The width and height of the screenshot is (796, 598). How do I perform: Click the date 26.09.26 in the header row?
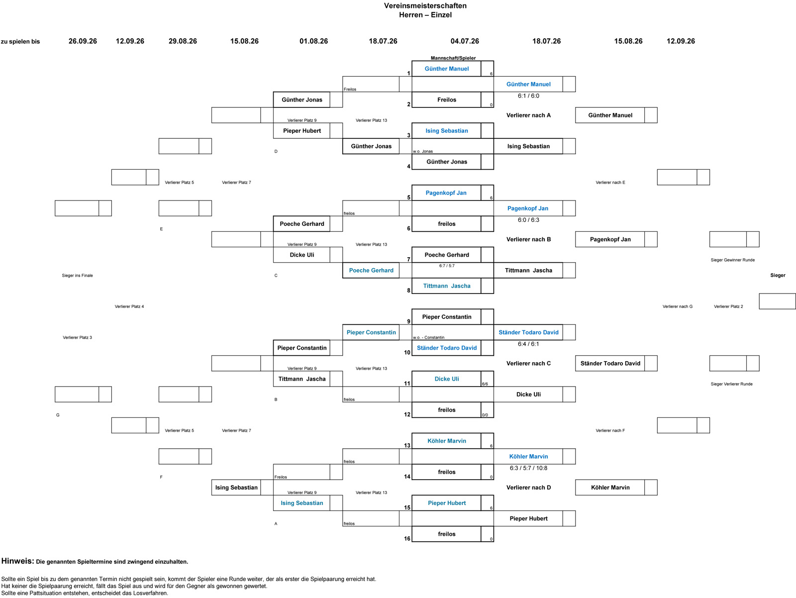tap(83, 41)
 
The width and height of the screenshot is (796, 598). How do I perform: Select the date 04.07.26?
tap(465, 41)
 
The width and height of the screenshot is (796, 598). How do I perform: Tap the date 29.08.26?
tap(183, 41)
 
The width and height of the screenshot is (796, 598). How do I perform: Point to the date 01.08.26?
tap(314, 41)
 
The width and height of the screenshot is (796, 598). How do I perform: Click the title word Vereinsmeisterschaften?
tap(425, 6)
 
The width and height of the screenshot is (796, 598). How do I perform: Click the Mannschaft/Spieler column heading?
tap(453, 58)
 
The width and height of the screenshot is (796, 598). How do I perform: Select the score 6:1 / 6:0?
tap(528, 96)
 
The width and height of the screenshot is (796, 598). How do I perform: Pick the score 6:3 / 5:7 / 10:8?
tap(528, 468)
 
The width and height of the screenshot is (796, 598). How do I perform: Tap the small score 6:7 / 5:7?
tap(447, 266)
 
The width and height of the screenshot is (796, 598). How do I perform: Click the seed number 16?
tap(407, 538)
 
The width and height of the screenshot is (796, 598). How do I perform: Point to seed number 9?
tap(409, 322)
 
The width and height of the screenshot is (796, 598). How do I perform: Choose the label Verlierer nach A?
tap(528, 115)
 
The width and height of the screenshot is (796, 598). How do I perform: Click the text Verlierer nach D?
tap(528, 488)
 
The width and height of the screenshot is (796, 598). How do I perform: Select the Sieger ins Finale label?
tap(77, 276)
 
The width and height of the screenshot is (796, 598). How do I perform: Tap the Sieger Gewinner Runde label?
tap(732, 260)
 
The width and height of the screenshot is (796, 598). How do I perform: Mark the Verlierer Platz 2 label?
tap(728, 306)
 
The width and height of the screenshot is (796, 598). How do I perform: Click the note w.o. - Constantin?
tap(428, 338)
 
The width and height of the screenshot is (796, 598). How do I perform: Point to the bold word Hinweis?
tap(18, 561)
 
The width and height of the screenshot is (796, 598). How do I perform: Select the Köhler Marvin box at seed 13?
tap(446, 441)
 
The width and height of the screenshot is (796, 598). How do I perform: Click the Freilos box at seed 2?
tap(446, 100)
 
